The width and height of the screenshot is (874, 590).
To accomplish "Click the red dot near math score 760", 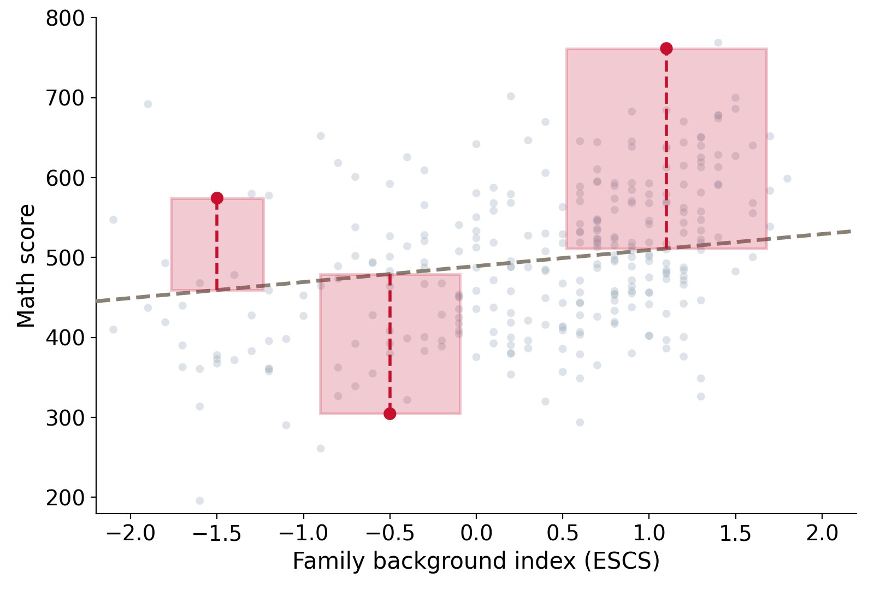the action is [x=666, y=49].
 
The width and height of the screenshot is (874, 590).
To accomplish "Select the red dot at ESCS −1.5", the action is [x=217, y=198].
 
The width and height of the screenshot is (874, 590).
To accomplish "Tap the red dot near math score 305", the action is [x=390, y=414].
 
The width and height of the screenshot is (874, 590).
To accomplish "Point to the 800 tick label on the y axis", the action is [x=65, y=19].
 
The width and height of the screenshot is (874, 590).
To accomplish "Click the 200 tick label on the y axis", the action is [x=65, y=498].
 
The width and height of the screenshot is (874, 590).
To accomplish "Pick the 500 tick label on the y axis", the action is [x=65, y=258].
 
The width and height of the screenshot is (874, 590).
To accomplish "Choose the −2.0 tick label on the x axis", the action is [x=131, y=533].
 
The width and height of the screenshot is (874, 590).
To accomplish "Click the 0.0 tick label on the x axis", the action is [x=476, y=533].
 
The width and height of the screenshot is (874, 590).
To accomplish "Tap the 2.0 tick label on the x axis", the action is [x=822, y=533].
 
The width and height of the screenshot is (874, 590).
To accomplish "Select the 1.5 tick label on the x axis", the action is [x=735, y=533].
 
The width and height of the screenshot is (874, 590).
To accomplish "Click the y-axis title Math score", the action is [x=26, y=266].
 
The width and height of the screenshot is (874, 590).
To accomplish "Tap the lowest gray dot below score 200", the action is [x=200, y=500].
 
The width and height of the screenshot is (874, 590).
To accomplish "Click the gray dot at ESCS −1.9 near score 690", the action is [x=148, y=104].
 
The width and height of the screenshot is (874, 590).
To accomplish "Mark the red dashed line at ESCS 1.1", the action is [x=666, y=148].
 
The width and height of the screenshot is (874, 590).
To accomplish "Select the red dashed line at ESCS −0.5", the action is [x=390, y=344].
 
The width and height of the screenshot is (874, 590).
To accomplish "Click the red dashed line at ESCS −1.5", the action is [x=217, y=244].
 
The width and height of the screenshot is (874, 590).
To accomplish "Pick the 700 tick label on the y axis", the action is [x=65, y=98].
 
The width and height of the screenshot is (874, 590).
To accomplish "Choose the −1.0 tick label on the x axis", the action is [x=304, y=533].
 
